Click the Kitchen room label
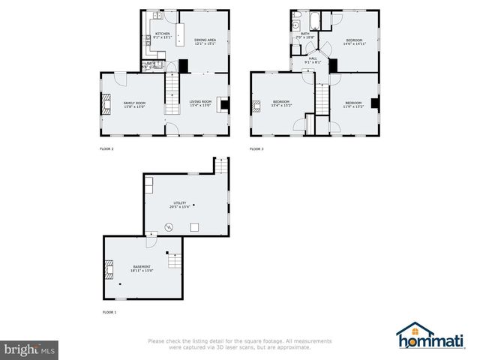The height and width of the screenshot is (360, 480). [162, 34]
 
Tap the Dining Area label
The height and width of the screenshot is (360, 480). [205, 40]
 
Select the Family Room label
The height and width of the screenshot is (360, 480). [134, 103]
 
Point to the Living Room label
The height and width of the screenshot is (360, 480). [200, 103]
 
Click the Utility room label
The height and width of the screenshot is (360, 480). [180, 202]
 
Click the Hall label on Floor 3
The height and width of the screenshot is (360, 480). [313, 60]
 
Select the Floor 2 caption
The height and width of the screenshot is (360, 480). [106, 149]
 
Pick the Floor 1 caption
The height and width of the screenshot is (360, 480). [109, 311]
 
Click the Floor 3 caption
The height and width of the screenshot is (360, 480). [256, 149]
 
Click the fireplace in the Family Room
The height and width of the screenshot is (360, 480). [106, 103]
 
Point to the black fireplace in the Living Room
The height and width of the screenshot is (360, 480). [224, 103]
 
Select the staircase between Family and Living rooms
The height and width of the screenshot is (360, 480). [172, 97]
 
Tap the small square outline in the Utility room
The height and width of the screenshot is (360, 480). [194, 227]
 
